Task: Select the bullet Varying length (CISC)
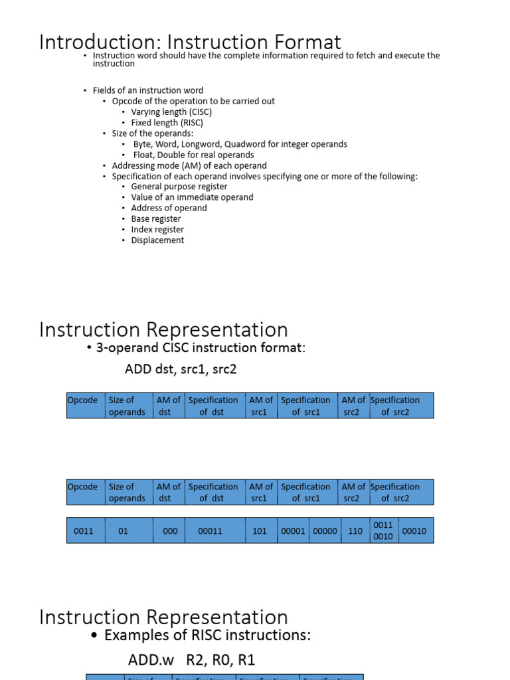(171, 112)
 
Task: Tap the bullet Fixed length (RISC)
(167, 123)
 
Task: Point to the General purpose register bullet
(179, 187)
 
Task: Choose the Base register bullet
(155, 218)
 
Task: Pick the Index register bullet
(157, 229)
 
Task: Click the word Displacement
(157, 240)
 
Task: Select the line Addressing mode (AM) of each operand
(189, 165)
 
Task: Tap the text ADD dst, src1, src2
(181, 369)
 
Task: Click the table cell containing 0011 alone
(84, 531)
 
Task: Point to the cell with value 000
(170, 531)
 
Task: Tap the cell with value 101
(259, 531)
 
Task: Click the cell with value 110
(355, 531)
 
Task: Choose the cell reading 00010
(414, 531)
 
